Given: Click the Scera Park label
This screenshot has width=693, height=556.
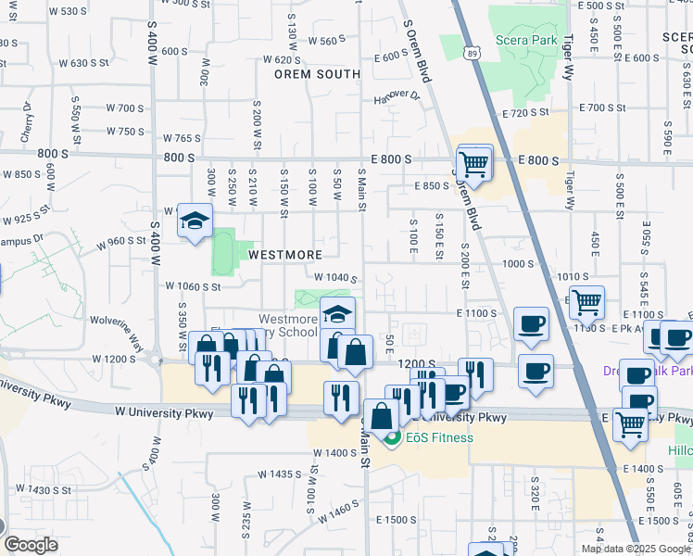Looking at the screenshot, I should [x=526, y=41].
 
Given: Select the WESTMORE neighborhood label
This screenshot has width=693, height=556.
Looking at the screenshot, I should [x=284, y=254].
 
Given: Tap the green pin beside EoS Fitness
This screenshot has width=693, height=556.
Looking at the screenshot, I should [x=392, y=438].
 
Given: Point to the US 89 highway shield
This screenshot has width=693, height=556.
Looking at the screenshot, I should [x=473, y=56].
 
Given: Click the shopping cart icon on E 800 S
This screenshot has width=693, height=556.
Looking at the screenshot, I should [x=473, y=162].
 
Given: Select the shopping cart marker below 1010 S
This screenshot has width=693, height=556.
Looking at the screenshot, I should [x=585, y=301].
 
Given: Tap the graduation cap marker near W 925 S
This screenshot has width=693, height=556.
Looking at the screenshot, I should [x=195, y=221].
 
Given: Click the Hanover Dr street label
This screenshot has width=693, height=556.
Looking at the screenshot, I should [x=397, y=96].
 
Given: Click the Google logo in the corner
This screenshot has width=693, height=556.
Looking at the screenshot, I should [x=31, y=545].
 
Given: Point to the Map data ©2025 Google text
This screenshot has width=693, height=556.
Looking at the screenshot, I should [x=635, y=549].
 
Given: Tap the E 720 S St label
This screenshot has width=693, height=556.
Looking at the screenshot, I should [x=526, y=112].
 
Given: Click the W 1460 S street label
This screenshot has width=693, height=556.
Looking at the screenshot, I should [x=337, y=511].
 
